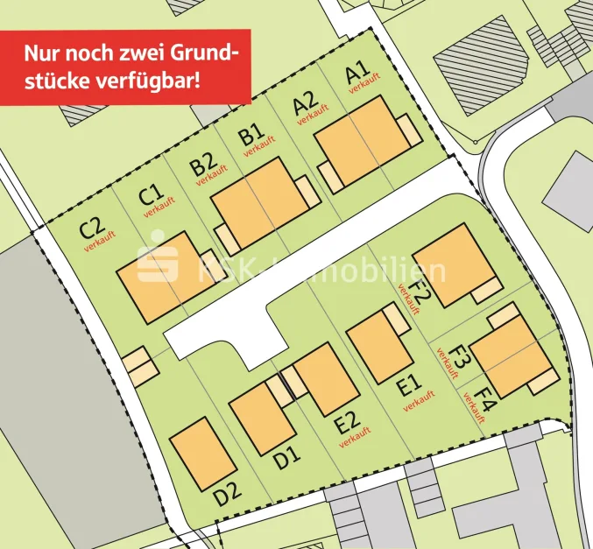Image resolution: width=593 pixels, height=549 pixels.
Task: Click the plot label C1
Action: (x=151, y=193)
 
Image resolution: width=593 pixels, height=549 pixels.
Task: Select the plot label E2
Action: (x=348, y=425)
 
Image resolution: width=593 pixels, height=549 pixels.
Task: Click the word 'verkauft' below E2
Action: (x=351, y=440)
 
